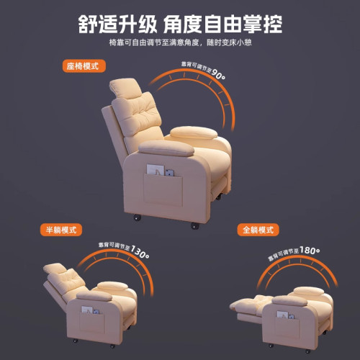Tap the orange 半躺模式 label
tap(60, 230)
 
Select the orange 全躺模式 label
tap(258, 230)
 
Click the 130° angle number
tap(140, 255)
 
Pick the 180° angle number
tap(310, 251)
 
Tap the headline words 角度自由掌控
tap(224, 24)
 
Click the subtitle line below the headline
tap(180, 44)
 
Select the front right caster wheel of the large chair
tap(194, 226)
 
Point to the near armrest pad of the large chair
tap(165, 147)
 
